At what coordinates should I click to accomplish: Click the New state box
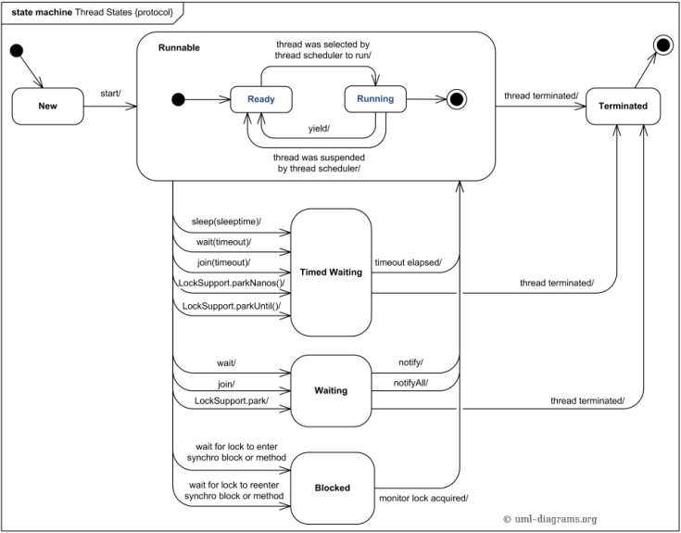click(46, 106)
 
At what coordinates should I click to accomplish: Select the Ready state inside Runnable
click(261, 98)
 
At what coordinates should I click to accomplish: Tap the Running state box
click(375, 98)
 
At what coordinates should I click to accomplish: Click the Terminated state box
click(623, 106)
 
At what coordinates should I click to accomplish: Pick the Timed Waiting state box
click(331, 272)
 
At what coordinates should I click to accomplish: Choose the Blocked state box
click(331, 487)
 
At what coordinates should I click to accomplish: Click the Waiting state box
click(331, 390)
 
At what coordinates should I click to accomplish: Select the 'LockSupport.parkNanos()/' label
click(230, 283)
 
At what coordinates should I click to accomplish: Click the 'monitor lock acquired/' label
click(423, 498)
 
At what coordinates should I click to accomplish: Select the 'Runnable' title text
click(179, 47)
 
